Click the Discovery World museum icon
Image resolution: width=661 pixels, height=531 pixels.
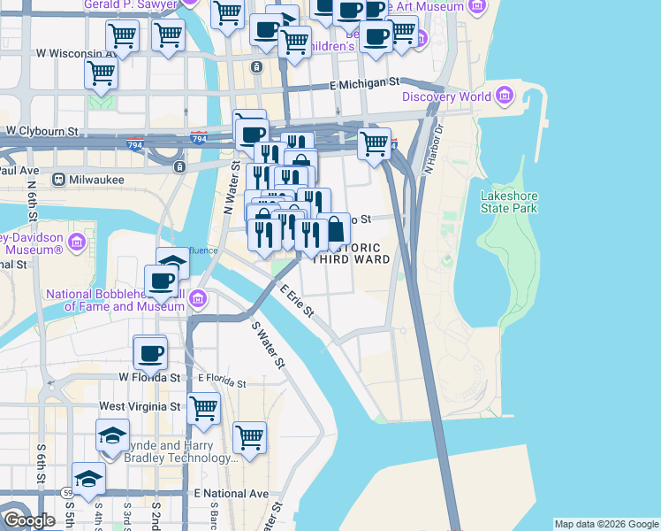tap(505, 96)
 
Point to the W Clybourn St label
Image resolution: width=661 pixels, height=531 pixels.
tap(42, 130)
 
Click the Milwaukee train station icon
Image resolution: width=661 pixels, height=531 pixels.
tap(59, 179)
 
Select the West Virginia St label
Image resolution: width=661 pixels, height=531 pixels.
tap(140, 406)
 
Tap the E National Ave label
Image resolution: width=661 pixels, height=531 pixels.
tap(230, 493)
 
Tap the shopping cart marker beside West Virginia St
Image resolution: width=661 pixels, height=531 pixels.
tap(204, 408)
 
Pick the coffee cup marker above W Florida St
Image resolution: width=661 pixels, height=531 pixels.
tap(149, 352)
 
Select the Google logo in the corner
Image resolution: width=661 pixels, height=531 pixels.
tap(28, 520)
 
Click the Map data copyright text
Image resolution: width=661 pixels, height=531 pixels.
tap(605, 524)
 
